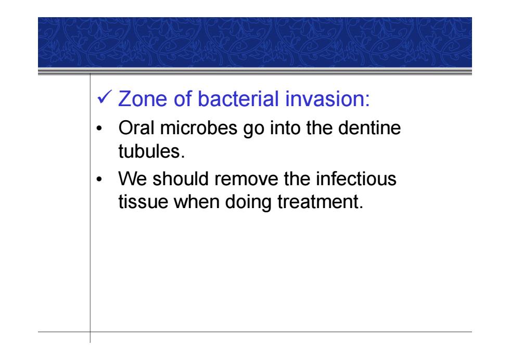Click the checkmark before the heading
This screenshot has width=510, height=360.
(105, 97)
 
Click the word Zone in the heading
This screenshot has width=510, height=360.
(143, 98)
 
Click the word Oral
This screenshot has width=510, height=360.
(136, 127)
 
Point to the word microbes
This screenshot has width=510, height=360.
(199, 127)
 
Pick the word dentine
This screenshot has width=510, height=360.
(369, 127)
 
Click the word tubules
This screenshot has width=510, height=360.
(149, 151)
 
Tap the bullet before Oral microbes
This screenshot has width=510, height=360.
(99, 128)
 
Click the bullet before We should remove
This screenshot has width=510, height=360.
(99, 179)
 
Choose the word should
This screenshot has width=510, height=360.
(181, 178)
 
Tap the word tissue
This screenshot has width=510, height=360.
(143, 201)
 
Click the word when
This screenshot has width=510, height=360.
(197, 201)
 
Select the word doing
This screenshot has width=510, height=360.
(248, 202)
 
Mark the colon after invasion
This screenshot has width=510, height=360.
(367, 100)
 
